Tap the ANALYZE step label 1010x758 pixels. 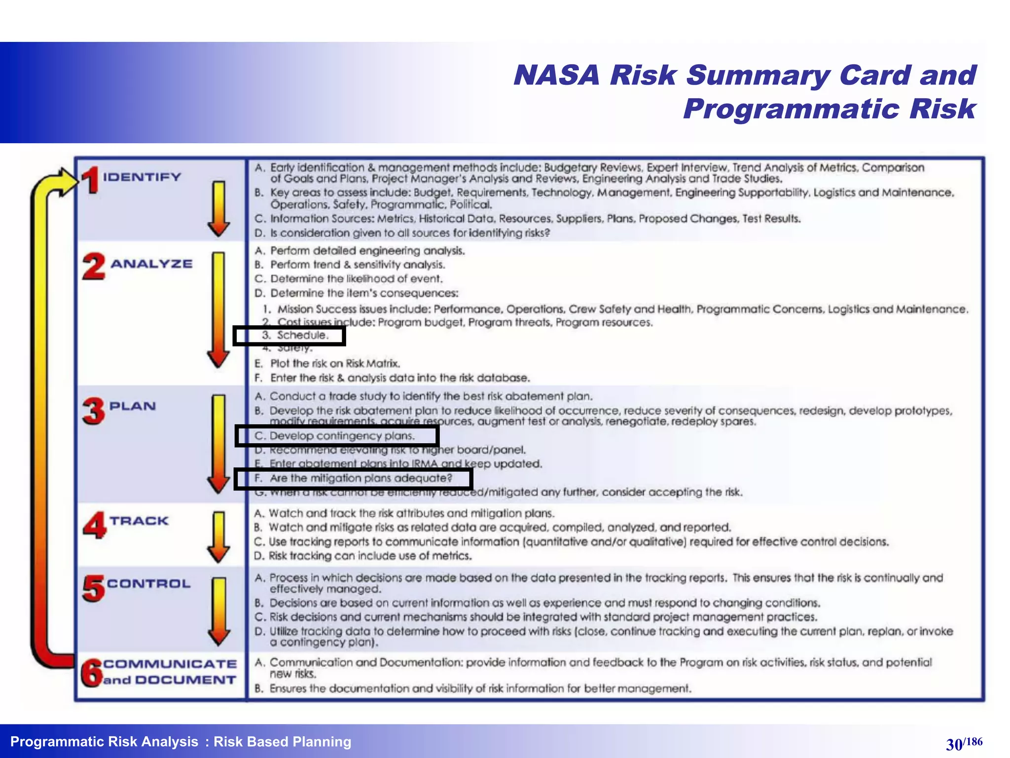point(151,264)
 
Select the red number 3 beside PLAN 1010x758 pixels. point(94,411)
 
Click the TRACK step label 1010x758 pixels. point(139,521)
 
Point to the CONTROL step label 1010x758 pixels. point(148,584)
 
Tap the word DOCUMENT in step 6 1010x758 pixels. point(185,680)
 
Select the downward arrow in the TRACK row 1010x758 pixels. point(218,537)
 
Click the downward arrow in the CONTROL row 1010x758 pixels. point(218,612)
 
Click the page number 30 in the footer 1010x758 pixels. point(954,744)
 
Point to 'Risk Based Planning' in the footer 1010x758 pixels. point(282,742)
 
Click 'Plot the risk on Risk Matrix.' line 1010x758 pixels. point(335,364)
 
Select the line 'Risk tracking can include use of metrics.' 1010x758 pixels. point(370,556)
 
